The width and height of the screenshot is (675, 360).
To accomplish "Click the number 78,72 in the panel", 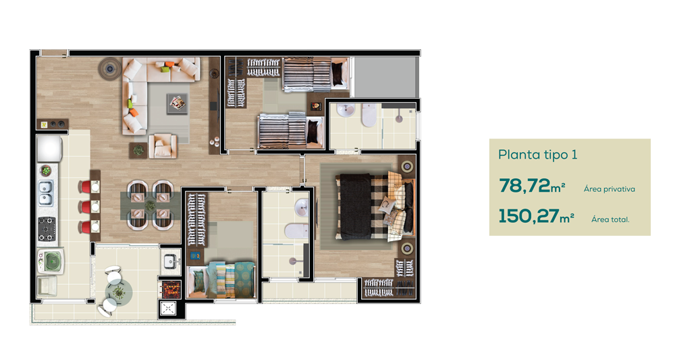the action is tap(524, 186).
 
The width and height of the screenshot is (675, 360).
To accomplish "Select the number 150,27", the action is tap(529, 215).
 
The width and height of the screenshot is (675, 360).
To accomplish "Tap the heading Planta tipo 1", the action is tap(538, 155).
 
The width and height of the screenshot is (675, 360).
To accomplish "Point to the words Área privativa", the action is tap(609, 189).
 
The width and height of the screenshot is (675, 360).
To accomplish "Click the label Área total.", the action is tap(610, 220).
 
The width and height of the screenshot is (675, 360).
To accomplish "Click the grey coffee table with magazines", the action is tap(178, 104).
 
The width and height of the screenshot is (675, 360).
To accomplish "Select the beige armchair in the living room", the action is tap(163, 145).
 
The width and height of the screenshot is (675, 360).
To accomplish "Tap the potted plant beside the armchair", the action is tap(138, 151).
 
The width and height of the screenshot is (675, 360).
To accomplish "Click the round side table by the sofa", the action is tap(110, 68).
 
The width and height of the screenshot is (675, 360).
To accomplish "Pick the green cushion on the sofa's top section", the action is tap(164, 68).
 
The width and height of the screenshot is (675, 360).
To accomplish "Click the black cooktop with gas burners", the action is tap(47, 229).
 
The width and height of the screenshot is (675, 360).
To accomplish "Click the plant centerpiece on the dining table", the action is tap(150, 205).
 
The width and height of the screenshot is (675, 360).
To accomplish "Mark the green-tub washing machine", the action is tap(51, 261).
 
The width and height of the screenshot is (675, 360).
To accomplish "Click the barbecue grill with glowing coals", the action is tap(171, 289).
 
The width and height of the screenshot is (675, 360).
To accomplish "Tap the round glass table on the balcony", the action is tap(119, 292).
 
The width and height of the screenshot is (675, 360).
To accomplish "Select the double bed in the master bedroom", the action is tap(375, 207).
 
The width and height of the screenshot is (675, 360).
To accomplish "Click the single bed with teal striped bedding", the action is tap(221, 280).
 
